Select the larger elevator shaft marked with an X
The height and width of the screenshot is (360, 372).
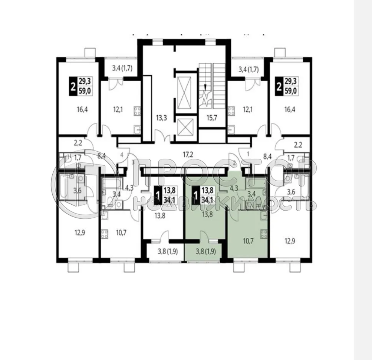(184, 90)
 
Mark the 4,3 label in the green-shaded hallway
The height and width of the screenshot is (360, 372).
(234, 188)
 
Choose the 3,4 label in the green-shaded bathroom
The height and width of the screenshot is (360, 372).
(251, 193)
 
